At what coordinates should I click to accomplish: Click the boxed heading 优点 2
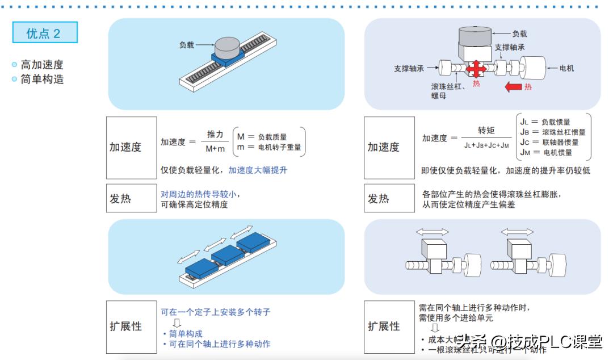point(44,33)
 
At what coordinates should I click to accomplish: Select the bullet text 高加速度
point(42,65)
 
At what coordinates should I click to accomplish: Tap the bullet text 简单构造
point(42,79)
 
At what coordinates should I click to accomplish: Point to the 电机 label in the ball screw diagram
point(566,68)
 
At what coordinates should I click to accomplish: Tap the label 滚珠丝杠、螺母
point(448,91)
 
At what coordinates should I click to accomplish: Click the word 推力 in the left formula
point(215,135)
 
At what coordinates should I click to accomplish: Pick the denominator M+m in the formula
point(215,149)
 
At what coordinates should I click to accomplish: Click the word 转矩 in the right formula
point(486,131)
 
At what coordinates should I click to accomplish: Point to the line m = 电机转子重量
point(268,147)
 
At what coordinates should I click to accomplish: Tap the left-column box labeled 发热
point(131,198)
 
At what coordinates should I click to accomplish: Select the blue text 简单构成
point(186,334)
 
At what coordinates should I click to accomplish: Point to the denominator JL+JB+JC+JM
point(486,145)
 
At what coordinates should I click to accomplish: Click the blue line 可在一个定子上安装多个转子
point(215,312)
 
